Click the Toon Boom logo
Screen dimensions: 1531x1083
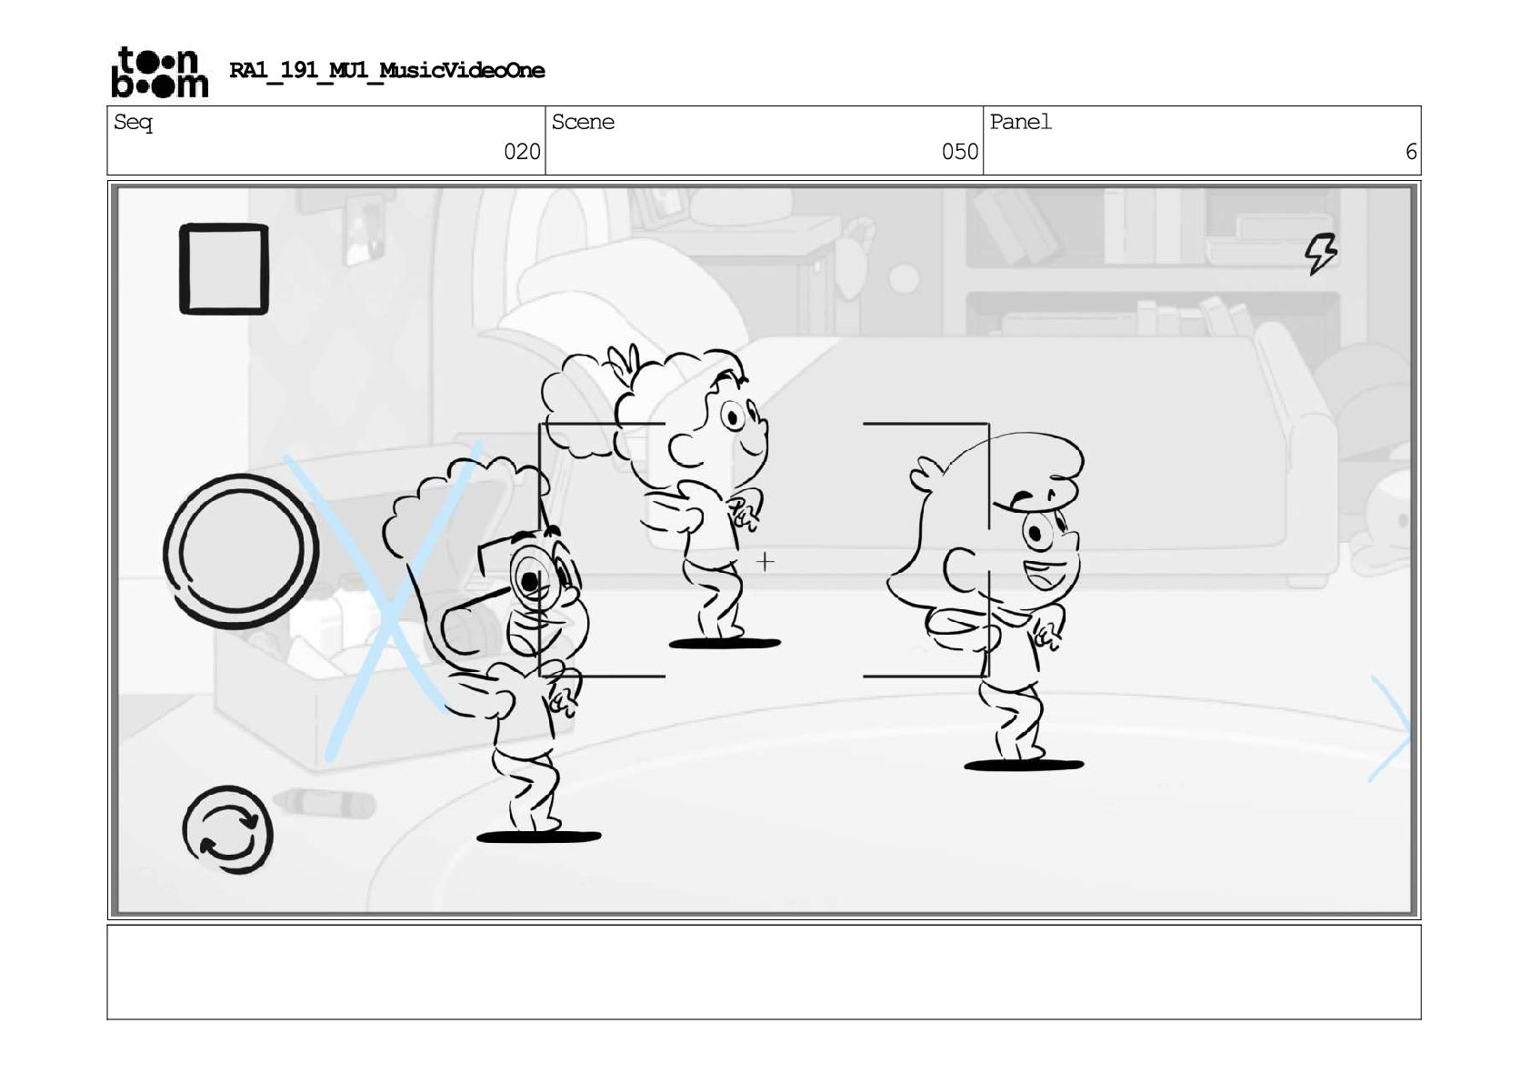tap(160, 72)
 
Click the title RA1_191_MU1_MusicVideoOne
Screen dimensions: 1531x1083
tap(387, 70)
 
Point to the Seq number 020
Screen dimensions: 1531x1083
tap(522, 151)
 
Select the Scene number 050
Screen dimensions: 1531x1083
tap(960, 151)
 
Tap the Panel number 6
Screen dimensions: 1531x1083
tap(1411, 151)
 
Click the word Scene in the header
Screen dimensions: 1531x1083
tap(583, 122)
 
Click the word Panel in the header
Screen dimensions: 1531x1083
tap(1020, 122)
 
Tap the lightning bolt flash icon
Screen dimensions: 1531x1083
tap(1320, 254)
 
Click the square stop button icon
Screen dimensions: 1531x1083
tap(225, 268)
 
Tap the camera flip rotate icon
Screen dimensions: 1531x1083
tap(227, 829)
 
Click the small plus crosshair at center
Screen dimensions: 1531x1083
tap(765, 562)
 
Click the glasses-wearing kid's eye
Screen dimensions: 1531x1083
tap(530, 580)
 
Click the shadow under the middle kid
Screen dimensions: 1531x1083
tap(725, 643)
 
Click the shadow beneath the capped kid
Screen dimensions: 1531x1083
tap(1023, 765)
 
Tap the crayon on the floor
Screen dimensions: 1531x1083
tap(324, 803)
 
